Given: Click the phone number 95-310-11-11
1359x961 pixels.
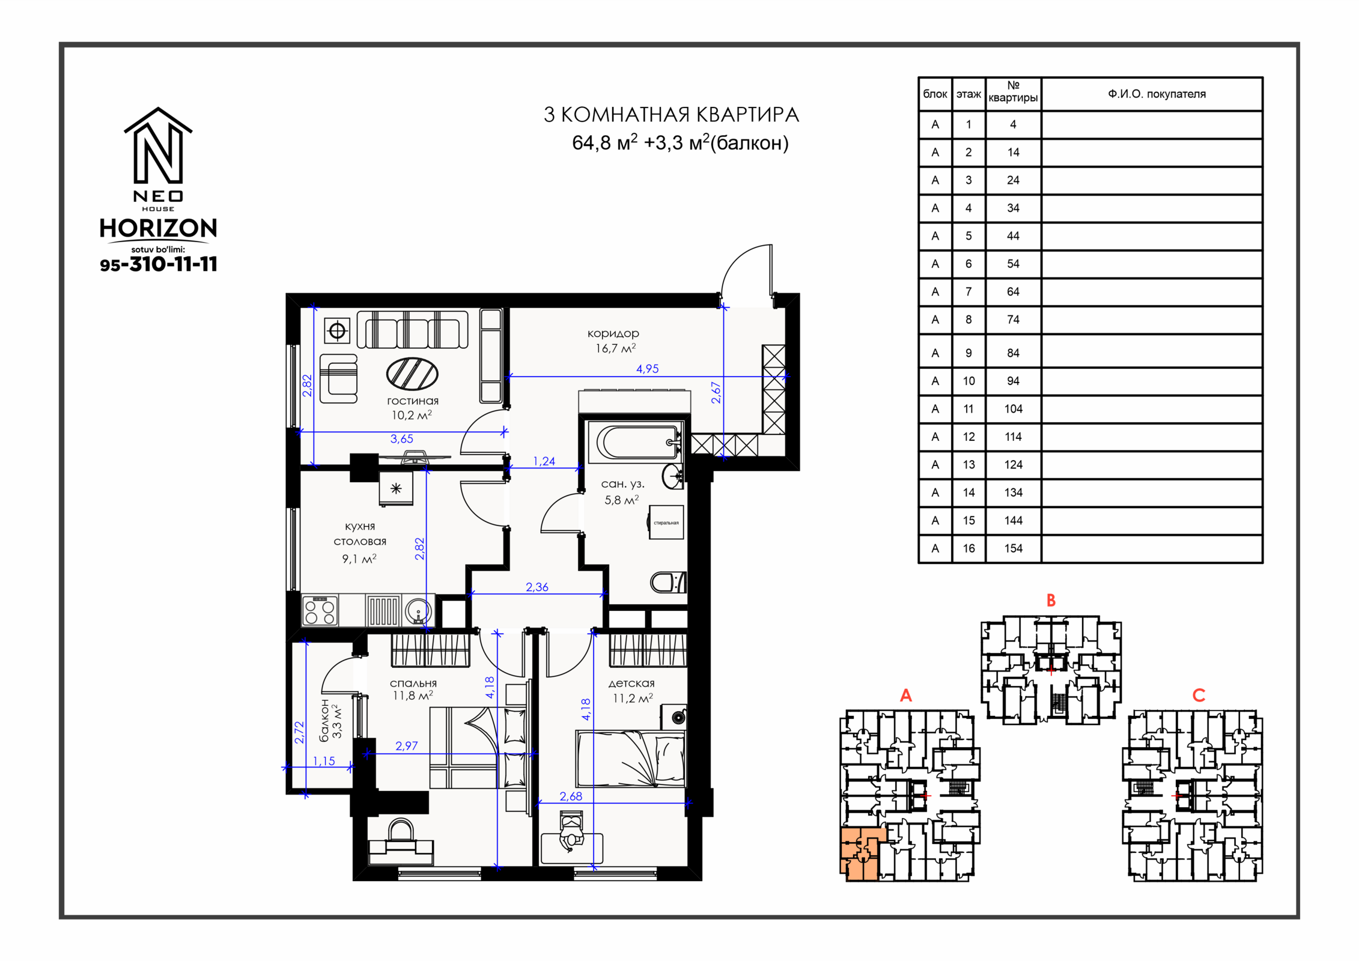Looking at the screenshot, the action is (x=159, y=264).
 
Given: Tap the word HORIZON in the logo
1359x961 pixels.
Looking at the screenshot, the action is (x=158, y=228).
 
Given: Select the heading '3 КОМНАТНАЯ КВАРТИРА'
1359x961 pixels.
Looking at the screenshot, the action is (x=671, y=115).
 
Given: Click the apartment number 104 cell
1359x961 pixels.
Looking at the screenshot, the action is (x=1013, y=409).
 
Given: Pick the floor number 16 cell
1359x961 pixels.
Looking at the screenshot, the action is (x=968, y=548).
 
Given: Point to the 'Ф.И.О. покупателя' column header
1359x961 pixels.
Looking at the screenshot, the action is (x=1157, y=94).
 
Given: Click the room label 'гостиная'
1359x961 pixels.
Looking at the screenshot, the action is (x=413, y=401).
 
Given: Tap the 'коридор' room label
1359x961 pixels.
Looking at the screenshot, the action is (x=613, y=333).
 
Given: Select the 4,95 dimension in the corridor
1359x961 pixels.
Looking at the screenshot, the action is (x=647, y=369).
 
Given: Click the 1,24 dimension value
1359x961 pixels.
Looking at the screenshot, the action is (x=544, y=461).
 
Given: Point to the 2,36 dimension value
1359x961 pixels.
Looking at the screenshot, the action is (x=537, y=587).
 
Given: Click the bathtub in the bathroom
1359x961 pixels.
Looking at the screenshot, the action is (x=636, y=443).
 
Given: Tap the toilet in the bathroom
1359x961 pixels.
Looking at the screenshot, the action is (x=667, y=582).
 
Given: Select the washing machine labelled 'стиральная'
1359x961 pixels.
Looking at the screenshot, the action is (x=666, y=523).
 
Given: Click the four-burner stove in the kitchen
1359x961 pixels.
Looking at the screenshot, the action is (x=320, y=610).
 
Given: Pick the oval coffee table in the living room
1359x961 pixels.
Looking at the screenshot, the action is (x=412, y=374).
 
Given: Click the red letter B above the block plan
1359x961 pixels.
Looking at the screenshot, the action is (x=1051, y=600).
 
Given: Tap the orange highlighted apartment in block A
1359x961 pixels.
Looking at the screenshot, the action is (x=860, y=853).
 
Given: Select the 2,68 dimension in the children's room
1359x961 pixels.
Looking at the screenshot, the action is (x=571, y=796).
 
